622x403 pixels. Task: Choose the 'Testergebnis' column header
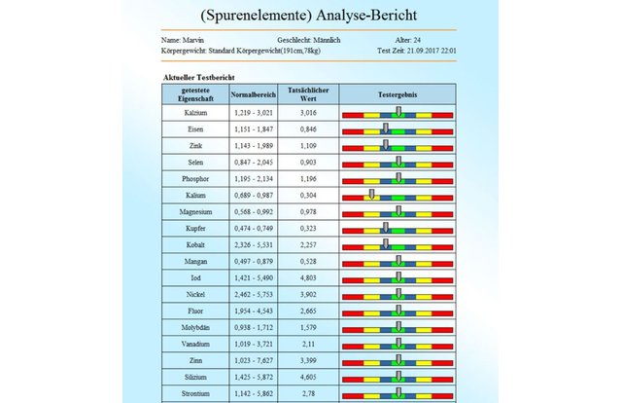(x=397, y=94)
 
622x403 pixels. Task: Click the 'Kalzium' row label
(x=195, y=113)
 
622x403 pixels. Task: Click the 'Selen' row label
(x=195, y=163)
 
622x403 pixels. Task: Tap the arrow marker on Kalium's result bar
(x=370, y=196)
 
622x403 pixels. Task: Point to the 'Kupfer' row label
(x=195, y=229)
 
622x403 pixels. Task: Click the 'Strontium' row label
(x=195, y=394)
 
